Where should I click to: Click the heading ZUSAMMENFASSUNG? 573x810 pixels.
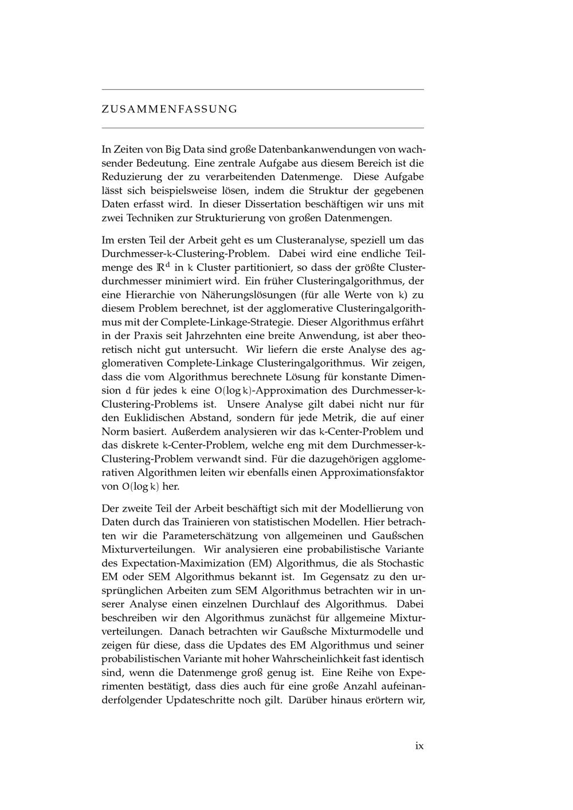pyautogui.click(x=169, y=109)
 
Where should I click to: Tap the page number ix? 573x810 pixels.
pyautogui.click(x=419, y=745)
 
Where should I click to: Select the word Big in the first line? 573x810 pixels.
pyautogui.click(x=173, y=149)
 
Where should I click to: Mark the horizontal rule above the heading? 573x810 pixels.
pyautogui.click(x=262, y=89)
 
